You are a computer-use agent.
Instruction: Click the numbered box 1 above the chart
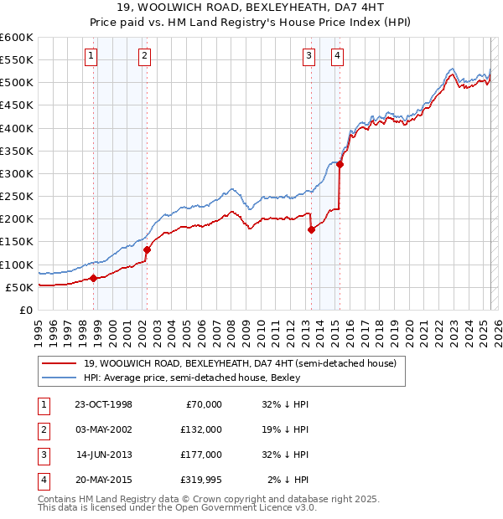90,56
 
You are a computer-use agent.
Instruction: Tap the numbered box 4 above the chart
337,56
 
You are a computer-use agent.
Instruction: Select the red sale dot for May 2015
340,164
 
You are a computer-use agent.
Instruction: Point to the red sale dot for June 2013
311,229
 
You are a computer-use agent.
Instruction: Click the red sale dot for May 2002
147,249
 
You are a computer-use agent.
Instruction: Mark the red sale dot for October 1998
94,278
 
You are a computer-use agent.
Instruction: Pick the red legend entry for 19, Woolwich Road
221,363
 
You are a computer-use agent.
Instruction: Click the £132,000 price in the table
201,429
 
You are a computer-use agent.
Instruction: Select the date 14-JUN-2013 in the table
104,455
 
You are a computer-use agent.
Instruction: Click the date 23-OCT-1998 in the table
104,404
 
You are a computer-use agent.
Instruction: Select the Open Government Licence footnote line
178,507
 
